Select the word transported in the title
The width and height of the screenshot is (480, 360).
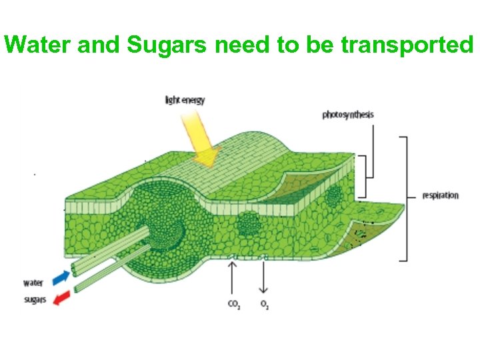[407, 45]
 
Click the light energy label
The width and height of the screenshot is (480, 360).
[185, 101]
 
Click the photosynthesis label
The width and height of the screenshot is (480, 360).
[348, 115]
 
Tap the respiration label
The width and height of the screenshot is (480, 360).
[440, 195]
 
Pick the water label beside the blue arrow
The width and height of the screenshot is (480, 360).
[33, 283]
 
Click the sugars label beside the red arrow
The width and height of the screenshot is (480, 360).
[35, 299]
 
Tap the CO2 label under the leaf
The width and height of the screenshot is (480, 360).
[234, 305]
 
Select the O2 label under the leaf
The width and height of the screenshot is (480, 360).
[264, 305]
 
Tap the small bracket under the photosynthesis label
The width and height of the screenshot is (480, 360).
[364, 176]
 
